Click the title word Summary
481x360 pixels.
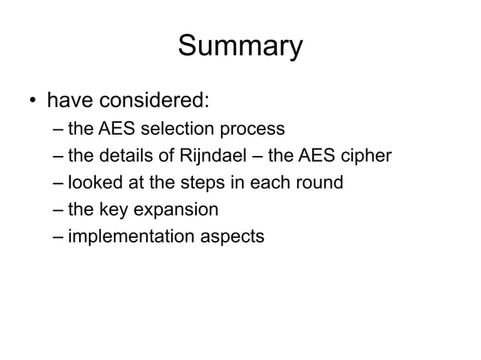(x=240, y=46)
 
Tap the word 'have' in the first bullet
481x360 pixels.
(x=70, y=99)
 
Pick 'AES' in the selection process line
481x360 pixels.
(x=111, y=129)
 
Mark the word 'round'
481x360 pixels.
(x=320, y=182)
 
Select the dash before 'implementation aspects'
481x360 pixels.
(x=58, y=236)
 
